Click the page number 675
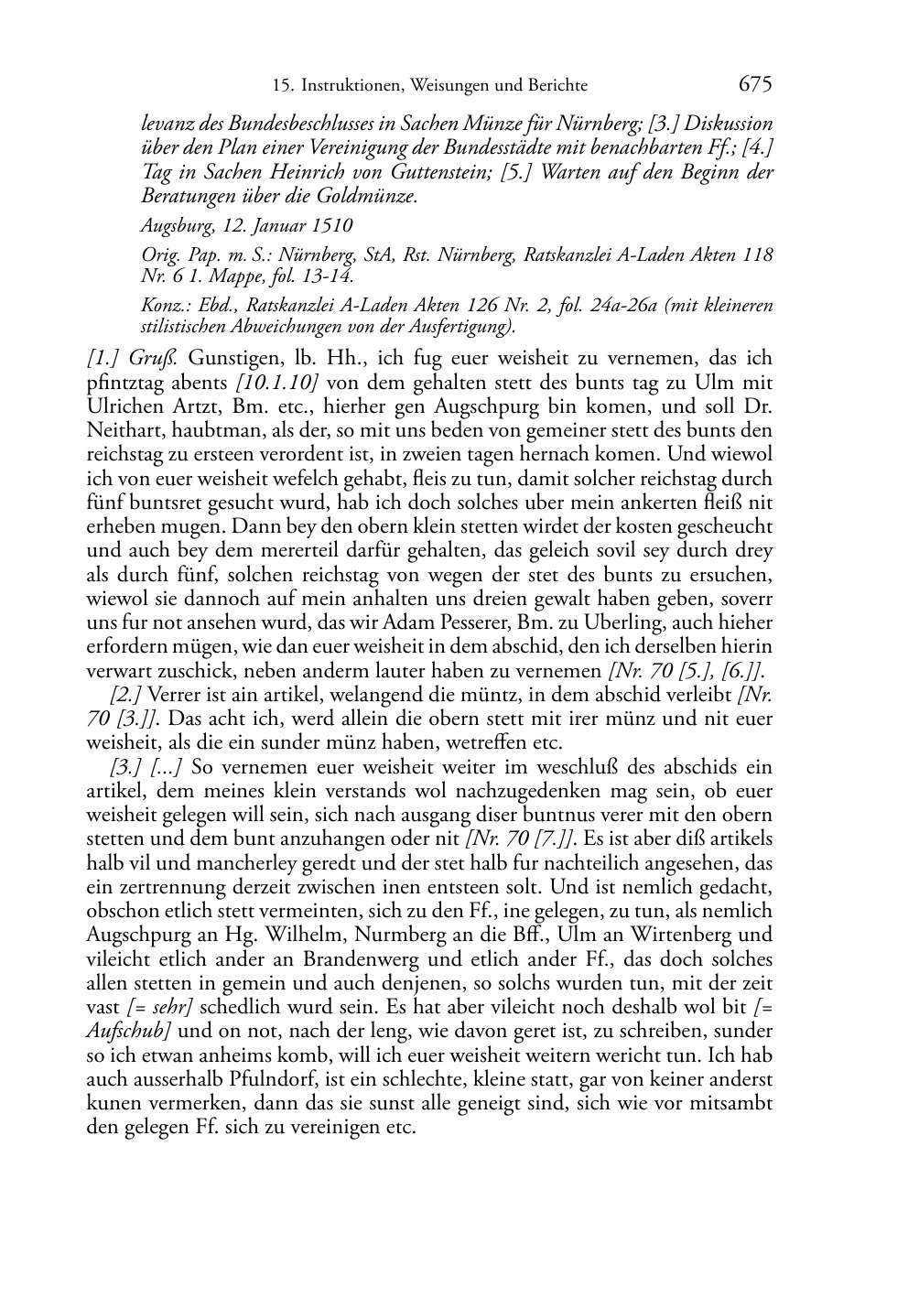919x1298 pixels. tap(755, 84)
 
